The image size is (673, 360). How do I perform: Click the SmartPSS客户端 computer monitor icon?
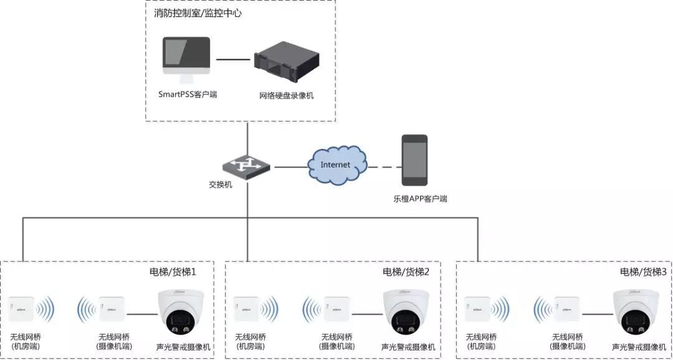tap(186, 57)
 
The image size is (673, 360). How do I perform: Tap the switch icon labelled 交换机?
tap(246, 166)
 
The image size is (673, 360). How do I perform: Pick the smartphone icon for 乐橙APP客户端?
tap(414, 160)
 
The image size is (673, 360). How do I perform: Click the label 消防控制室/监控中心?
tap(198, 12)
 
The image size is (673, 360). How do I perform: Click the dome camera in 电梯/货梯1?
tap(182, 313)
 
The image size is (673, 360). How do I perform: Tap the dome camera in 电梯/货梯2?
tap(408, 313)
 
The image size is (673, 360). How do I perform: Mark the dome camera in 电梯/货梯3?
tap(636, 313)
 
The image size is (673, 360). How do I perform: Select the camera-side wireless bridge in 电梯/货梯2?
tap(336, 309)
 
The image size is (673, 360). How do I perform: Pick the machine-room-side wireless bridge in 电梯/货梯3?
tap(479, 309)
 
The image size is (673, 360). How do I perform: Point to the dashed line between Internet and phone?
tap(383, 167)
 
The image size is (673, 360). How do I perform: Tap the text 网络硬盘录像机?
tap(287, 96)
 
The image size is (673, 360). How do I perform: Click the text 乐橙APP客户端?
tap(420, 199)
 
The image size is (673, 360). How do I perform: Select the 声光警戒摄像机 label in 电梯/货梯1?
tap(183, 347)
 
